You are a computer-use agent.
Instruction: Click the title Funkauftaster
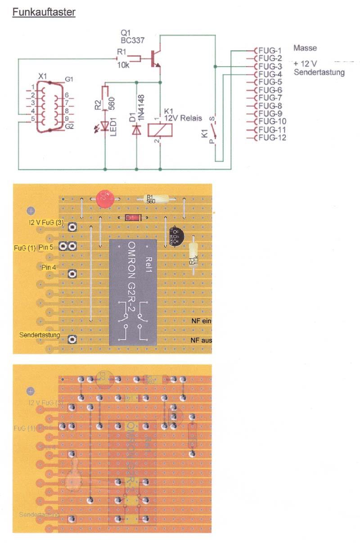(x=44, y=13)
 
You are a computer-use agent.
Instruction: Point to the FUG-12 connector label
(x=272, y=138)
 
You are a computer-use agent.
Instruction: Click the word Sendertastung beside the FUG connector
(x=319, y=72)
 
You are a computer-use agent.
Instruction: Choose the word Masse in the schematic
(x=305, y=48)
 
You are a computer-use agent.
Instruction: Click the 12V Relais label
(x=183, y=118)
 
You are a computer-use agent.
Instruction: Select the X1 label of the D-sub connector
(x=42, y=77)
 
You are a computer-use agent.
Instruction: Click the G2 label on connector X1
(x=69, y=127)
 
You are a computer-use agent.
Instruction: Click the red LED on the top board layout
(x=104, y=198)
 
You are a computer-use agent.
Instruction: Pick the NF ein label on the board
(x=201, y=321)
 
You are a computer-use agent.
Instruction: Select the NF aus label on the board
(x=201, y=340)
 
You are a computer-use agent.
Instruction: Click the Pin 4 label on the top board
(x=48, y=267)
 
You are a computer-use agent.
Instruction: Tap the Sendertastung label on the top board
(x=40, y=335)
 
